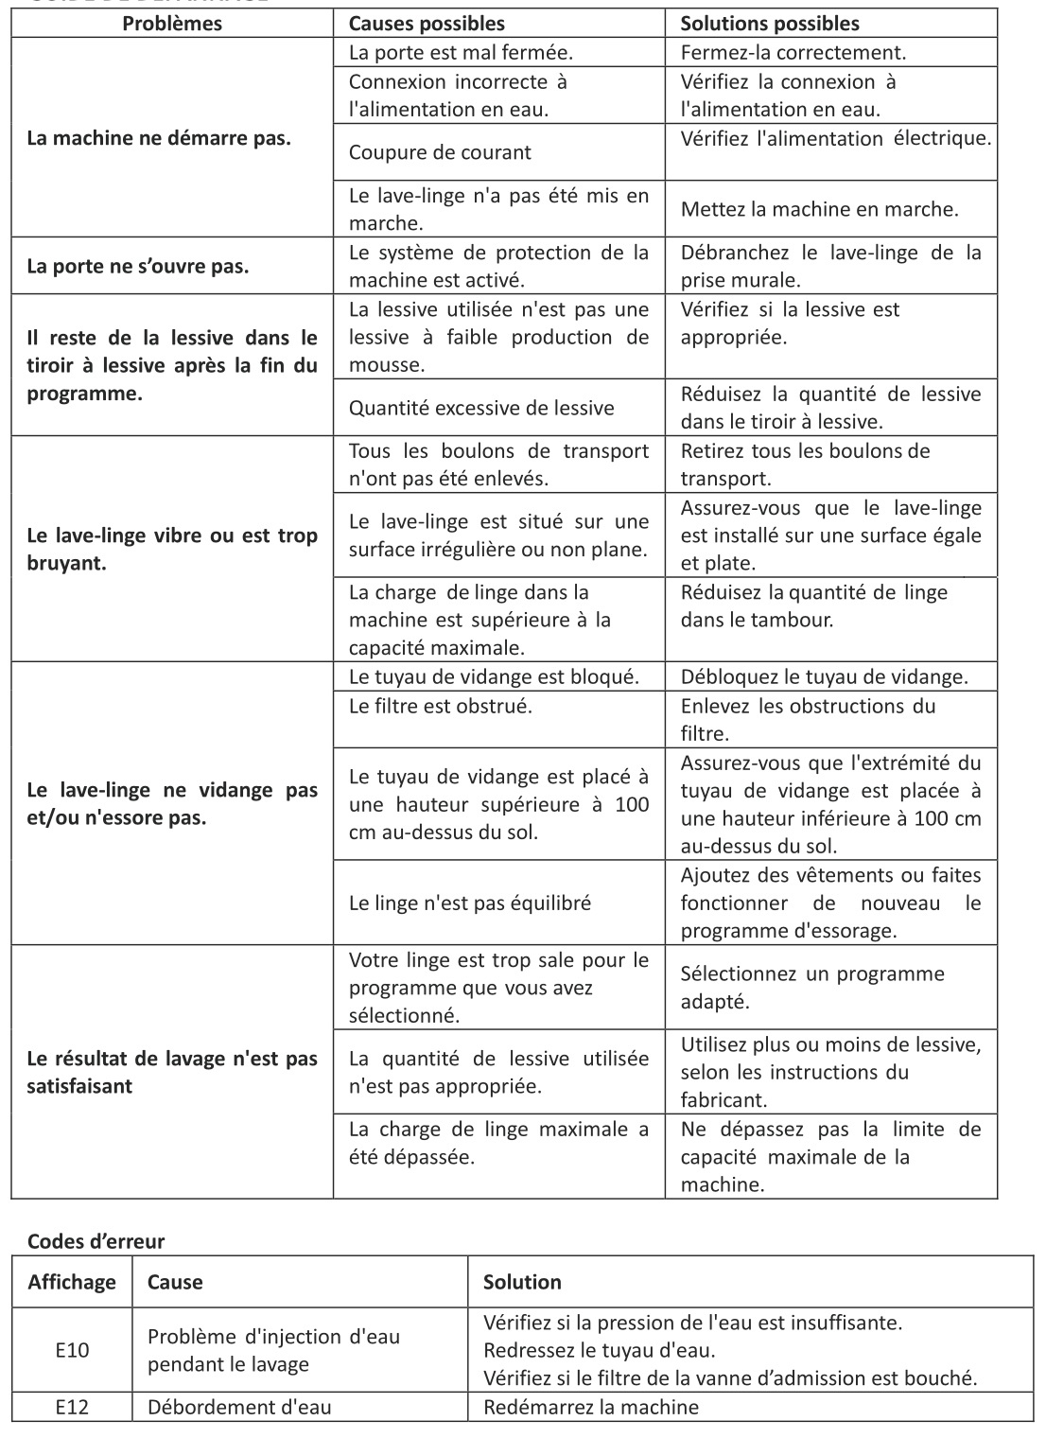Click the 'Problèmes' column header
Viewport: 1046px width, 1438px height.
[x=172, y=24]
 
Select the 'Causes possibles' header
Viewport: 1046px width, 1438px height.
[x=427, y=24]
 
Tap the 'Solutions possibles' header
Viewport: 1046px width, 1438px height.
[x=770, y=24]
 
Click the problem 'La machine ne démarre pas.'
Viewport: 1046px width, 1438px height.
[x=159, y=138]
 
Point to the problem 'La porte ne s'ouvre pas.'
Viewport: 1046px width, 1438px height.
[x=138, y=266]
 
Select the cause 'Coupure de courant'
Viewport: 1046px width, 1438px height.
[x=440, y=152]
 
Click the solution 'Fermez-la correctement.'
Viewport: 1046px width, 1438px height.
[x=793, y=53]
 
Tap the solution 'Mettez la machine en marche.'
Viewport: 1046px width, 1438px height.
[x=819, y=209]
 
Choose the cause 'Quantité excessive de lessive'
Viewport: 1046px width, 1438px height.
[x=481, y=408]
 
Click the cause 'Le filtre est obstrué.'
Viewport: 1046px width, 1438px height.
[x=441, y=706]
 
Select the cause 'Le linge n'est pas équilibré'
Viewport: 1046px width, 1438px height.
[x=470, y=903]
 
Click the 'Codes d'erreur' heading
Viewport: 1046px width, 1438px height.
[x=96, y=1241]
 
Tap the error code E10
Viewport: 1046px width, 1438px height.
[x=72, y=1350]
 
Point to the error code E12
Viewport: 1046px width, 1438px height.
[x=72, y=1407]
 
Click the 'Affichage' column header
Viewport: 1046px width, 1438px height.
[x=72, y=1282]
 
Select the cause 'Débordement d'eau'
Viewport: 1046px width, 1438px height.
[x=239, y=1407]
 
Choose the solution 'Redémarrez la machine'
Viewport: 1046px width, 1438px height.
[x=591, y=1407]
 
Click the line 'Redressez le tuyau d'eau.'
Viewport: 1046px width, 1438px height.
[x=599, y=1350]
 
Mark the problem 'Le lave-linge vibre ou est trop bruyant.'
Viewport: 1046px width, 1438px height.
[x=172, y=550]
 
